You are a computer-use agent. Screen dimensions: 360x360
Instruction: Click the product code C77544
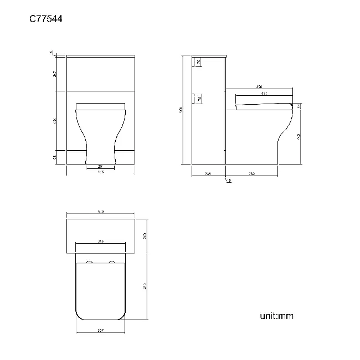point(45,19)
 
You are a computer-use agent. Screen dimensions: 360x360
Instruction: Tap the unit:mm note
point(276,316)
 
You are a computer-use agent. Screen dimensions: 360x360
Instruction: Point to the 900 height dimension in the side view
point(181,110)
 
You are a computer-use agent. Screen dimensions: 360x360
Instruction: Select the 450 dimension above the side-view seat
point(259,87)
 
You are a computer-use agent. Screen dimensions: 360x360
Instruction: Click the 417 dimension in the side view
point(264,94)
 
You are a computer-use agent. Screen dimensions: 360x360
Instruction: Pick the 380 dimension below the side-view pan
point(251,173)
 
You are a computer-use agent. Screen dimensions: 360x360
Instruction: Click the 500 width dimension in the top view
point(101,212)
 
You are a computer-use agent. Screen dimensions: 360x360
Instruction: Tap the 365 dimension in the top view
point(101,241)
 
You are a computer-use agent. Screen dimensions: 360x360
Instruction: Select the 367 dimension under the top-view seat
point(101,330)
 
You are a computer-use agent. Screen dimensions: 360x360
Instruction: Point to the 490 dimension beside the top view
point(145,286)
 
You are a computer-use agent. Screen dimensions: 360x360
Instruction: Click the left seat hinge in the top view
point(90,261)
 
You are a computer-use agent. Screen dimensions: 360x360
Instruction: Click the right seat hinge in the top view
point(112,261)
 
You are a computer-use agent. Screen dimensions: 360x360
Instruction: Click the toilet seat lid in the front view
point(101,105)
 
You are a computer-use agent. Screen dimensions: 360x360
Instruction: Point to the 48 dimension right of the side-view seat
point(299,106)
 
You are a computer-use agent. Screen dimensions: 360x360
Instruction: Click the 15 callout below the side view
point(229,181)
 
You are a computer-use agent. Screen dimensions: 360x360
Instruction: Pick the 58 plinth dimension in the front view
point(55,158)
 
